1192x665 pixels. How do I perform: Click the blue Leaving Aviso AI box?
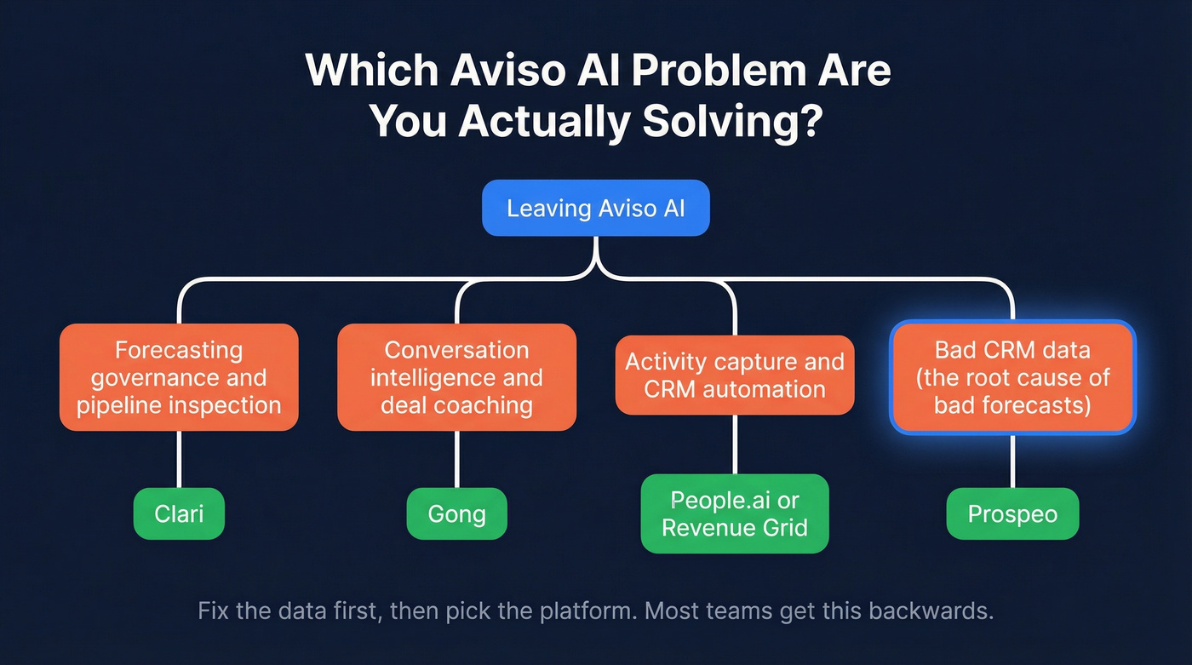click(595, 208)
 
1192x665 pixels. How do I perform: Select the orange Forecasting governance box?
click(179, 377)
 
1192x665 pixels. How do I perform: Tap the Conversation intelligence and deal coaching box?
click(456, 377)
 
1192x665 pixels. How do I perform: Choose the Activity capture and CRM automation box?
click(734, 375)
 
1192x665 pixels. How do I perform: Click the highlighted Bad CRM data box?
click(1012, 377)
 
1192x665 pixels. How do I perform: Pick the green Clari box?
click(179, 514)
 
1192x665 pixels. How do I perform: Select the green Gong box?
click(456, 514)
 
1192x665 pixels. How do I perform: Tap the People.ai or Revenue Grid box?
click(734, 513)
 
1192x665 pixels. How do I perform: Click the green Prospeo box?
click(1012, 514)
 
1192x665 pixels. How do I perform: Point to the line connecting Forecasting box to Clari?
click(179, 460)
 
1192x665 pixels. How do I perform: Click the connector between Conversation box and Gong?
click(456, 460)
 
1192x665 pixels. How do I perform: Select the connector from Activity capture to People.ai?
click(734, 444)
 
